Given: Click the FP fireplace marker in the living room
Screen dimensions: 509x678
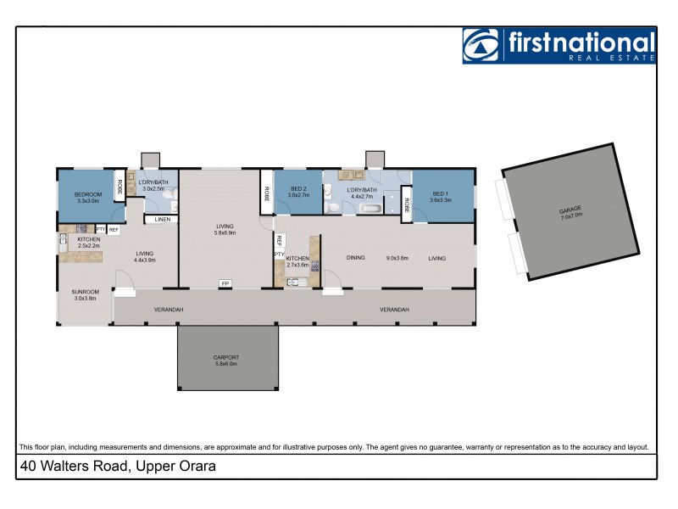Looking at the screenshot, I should click(225, 283).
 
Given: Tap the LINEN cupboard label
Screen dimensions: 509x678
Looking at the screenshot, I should click(162, 220).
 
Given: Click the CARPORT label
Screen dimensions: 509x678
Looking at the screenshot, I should click(227, 358).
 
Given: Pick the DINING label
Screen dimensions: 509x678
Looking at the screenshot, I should click(357, 258).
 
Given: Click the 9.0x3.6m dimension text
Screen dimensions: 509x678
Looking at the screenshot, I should click(397, 258).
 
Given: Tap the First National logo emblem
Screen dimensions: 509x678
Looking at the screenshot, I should click(482, 46).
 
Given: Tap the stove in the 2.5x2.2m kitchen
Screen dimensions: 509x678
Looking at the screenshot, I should click(82, 228).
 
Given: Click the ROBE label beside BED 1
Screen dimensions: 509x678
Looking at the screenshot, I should click(407, 205).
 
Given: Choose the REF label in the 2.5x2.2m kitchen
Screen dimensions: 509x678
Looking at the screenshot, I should click(114, 230).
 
